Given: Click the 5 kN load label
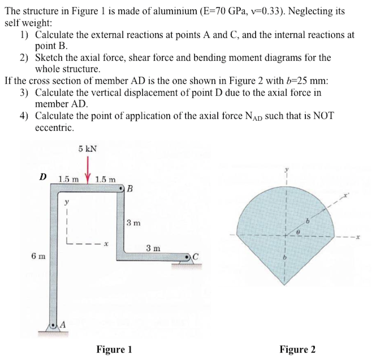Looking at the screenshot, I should click(87, 148).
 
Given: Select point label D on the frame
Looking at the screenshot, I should click(43, 177).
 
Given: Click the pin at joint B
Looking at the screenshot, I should click(121, 189).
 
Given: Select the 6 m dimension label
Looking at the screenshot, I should click(38, 256).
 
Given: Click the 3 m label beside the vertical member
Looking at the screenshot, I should click(134, 223).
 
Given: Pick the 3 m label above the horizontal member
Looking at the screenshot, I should click(153, 248).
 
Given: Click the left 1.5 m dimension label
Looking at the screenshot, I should click(69, 179).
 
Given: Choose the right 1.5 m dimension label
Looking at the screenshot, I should click(105, 179).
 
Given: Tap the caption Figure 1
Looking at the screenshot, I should click(114, 349).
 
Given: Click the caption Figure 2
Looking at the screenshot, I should click(297, 349).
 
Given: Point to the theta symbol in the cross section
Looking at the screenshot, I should click(298, 232).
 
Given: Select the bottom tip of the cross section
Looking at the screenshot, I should click(284, 285).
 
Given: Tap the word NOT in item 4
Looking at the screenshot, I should click(323, 116).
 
